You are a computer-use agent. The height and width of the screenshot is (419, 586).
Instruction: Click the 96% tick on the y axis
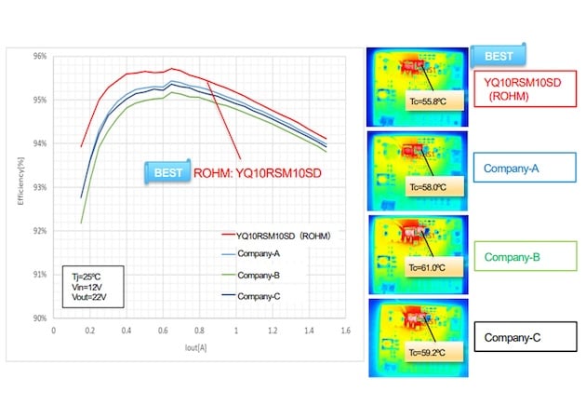(x=39, y=56)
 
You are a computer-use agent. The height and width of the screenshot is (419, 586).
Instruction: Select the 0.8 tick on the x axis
(x=200, y=331)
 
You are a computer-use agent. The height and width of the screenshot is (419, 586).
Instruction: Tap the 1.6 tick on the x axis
(x=345, y=331)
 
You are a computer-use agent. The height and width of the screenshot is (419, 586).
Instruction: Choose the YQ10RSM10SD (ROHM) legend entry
(x=275, y=236)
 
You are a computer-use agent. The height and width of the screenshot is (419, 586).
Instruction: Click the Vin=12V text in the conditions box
(x=85, y=289)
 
